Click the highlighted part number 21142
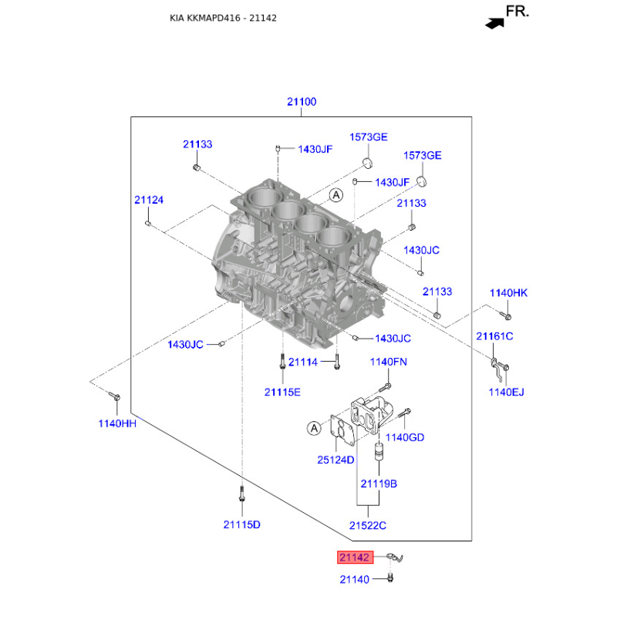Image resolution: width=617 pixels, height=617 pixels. pos(355,557)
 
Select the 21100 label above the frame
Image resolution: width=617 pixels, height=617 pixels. pos(302,102)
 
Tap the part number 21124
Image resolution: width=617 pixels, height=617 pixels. pos(149,200)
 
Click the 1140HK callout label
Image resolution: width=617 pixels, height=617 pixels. pos(508,293)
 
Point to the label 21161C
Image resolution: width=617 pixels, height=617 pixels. pos(494,336)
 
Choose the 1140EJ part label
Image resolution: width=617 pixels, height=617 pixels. pos(507,392)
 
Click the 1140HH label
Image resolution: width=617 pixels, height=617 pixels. pos(117,423)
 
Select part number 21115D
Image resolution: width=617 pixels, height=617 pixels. pos(241,524)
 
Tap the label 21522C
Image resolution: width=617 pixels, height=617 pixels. pos(368,525)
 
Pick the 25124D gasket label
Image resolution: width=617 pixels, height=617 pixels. pos(335,460)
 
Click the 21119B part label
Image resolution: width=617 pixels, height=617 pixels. pos(379,484)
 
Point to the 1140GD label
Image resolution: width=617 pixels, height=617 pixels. pos(404,437)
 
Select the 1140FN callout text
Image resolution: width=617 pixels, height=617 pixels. pos(389,362)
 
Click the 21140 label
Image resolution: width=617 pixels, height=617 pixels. pos(355,579)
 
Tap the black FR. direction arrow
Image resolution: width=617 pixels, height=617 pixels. pos(494,24)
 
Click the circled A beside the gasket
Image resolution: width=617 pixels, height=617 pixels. pos(314,428)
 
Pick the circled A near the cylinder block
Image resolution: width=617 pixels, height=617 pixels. pos(336,195)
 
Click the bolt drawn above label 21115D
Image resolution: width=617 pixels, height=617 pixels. pos(241,494)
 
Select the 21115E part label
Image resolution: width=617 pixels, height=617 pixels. pos(282,392)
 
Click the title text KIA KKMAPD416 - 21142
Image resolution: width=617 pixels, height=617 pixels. pos(223,18)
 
